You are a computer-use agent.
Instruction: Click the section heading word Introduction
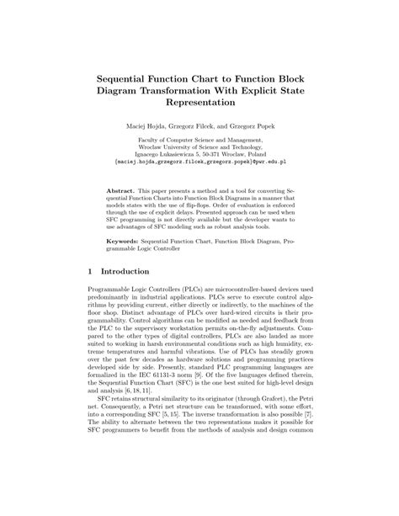125,273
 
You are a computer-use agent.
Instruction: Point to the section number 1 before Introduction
90,273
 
